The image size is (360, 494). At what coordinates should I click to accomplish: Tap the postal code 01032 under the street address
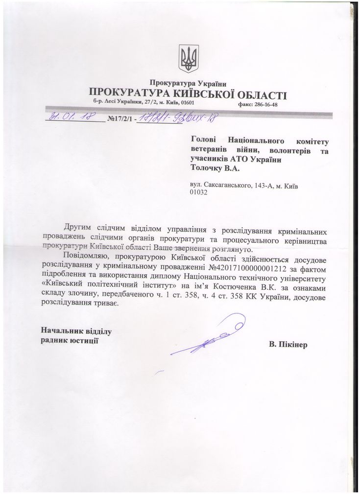[198, 193]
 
